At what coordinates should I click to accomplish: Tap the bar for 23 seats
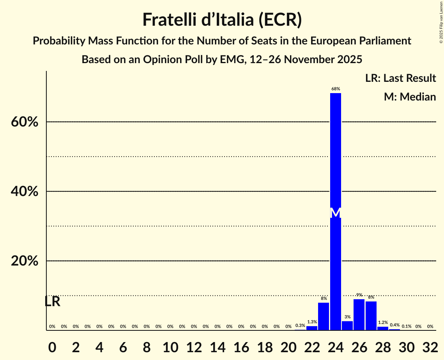[x=324, y=316]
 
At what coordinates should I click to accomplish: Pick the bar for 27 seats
[x=371, y=316]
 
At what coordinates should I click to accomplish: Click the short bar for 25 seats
[x=347, y=326]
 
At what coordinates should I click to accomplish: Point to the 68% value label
[x=336, y=89]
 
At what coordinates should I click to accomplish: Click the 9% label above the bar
[x=359, y=295]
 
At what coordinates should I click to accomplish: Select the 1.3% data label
[x=312, y=322]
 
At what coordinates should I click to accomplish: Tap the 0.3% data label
[x=300, y=325]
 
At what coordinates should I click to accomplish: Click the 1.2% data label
[x=383, y=322]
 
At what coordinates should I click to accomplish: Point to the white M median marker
[x=336, y=213]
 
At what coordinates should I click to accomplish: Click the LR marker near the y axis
[x=52, y=302]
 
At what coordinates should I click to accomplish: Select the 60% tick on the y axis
[x=24, y=122]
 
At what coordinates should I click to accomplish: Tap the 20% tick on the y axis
[x=24, y=261]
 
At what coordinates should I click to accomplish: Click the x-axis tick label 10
[x=170, y=346]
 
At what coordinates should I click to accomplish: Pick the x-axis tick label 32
[x=430, y=346]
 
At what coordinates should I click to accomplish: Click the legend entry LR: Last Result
[x=400, y=78]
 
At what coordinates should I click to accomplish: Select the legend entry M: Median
[x=410, y=97]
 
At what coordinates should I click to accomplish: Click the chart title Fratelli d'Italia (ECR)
[x=222, y=20]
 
